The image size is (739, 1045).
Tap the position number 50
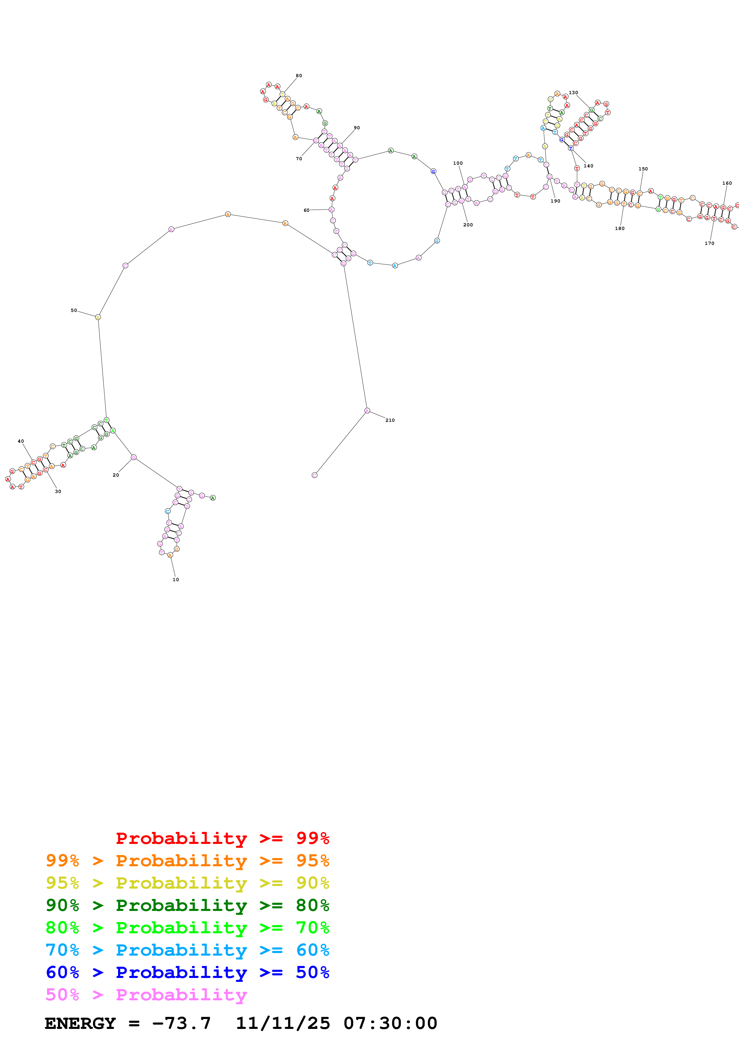74,310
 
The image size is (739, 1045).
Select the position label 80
299,76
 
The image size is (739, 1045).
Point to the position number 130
573,92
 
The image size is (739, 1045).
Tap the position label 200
468,225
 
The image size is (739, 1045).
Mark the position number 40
21,441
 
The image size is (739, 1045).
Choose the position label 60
306,210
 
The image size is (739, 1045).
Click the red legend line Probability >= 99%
222,838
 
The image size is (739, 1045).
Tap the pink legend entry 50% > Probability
146,994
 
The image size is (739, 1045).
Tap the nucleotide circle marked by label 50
98,317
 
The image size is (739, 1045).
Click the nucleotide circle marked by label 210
367,410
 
